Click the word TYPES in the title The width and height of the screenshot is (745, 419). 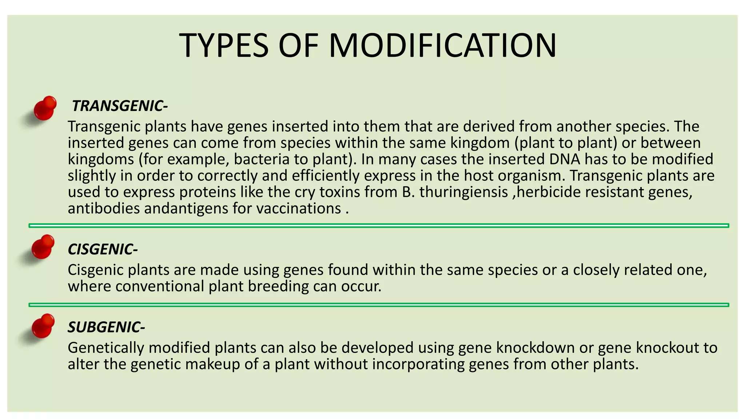(x=224, y=46)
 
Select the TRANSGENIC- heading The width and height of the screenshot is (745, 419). (x=120, y=106)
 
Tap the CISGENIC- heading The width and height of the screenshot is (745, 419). (x=103, y=250)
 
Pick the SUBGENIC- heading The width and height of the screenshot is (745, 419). (x=106, y=327)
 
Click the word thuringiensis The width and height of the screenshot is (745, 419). (x=463, y=192)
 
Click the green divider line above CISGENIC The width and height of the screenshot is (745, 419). (x=378, y=226)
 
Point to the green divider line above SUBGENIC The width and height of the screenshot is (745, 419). (x=378, y=305)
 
